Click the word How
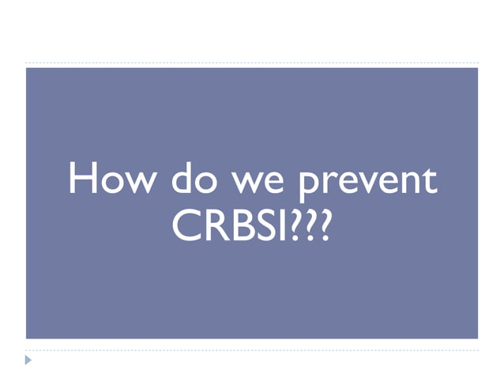(x=110, y=180)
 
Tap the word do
(x=186, y=180)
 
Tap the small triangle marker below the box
(x=29, y=361)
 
